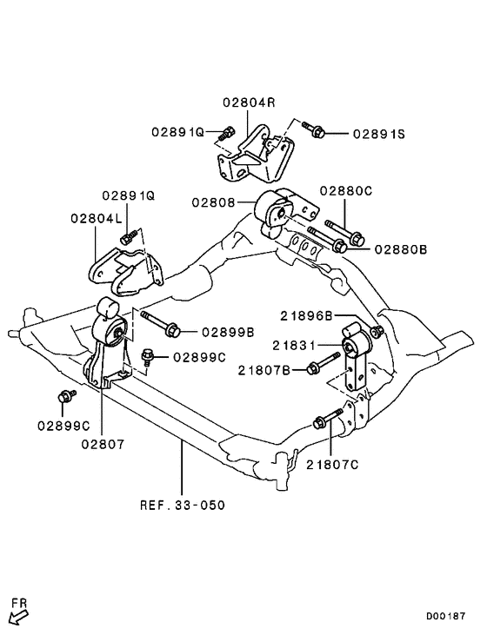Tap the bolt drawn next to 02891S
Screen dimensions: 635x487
point(315,130)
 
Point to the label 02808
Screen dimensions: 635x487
point(215,203)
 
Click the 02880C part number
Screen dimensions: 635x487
point(345,190)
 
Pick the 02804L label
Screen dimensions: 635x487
point(94,219)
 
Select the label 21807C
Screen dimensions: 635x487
point(332,464)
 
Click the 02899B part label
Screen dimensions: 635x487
point(228,331)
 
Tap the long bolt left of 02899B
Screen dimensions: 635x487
point(160,323)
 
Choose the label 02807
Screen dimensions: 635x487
point(103,443)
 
